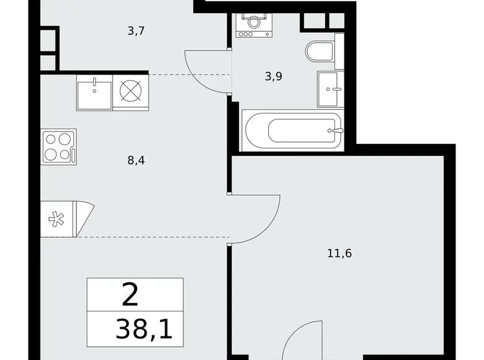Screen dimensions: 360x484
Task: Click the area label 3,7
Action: click(137, 30)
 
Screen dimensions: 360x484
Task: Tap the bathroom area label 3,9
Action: click(273, 76)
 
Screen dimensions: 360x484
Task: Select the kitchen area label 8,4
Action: click(137, 160)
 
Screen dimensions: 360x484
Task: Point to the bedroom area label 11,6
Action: click(343, 253)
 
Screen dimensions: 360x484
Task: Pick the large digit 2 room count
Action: click(130, 295)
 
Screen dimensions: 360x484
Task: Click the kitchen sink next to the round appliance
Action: click(94, 92)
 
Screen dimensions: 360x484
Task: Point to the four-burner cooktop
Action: click(59, 147)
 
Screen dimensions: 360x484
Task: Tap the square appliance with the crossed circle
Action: click(131, 92)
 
